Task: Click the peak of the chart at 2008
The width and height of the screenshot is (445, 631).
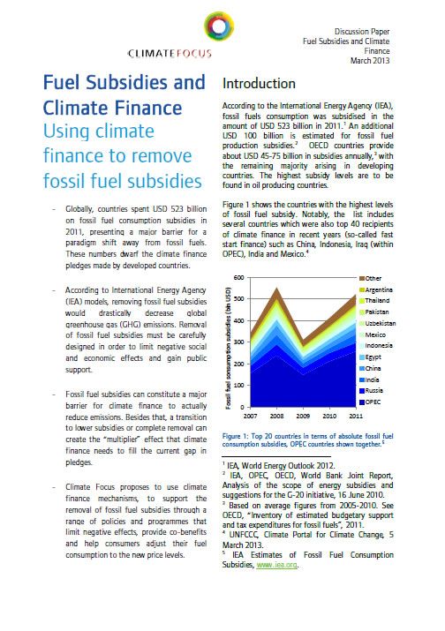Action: tap(276, 289)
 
